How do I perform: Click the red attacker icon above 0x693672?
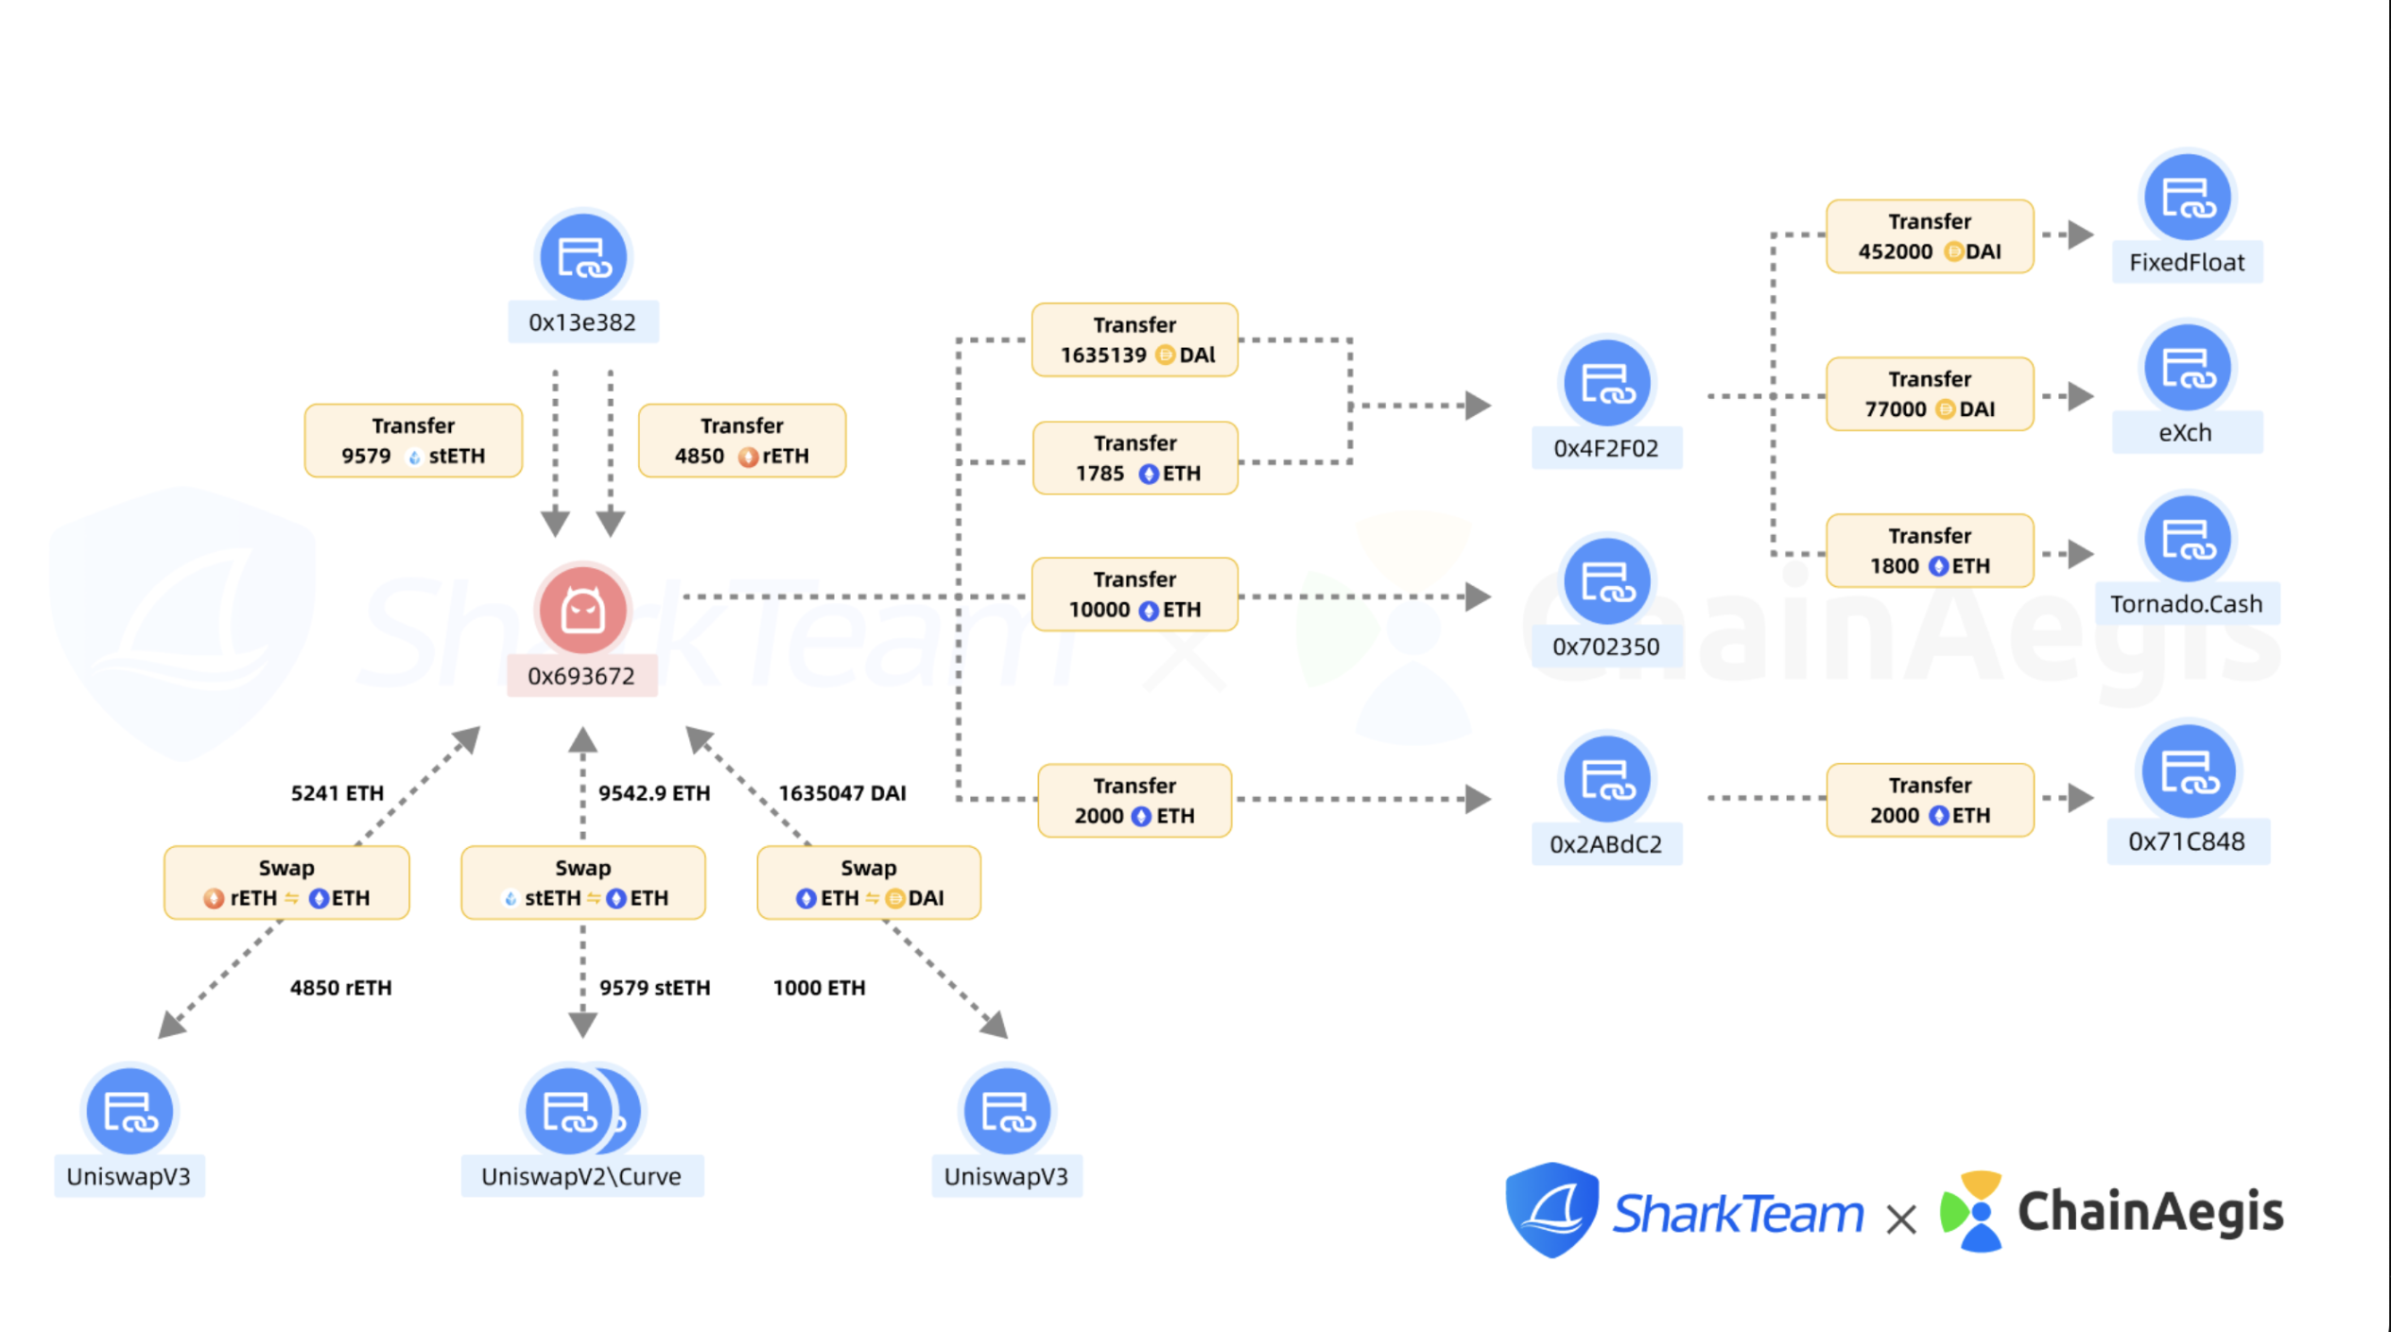point(582,610)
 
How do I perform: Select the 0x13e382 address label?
point(582,322)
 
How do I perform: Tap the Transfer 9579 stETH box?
point(413,441)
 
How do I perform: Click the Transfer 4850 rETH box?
point(742,441)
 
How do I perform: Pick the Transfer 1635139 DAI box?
point(1135,340)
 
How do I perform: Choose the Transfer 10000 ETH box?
point(1135,595)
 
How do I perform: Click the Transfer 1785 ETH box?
point(1135,458)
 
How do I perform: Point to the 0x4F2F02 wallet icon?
point(1606,383)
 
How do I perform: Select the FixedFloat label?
point(2187,262)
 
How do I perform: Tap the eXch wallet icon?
point(2187,368)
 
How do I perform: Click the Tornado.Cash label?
point(2187,604)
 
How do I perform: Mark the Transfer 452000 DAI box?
point(1930,236)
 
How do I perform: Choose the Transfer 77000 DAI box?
point(1930,394)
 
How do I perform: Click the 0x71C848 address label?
point(2187,841)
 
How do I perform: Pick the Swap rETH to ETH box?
point(286,883)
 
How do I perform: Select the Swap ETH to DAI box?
point(869,883)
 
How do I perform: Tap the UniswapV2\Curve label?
point(581,1176)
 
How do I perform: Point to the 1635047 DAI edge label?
point(841,793)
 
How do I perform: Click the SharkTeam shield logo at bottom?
point(1552,1210)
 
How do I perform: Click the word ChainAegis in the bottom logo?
point(2151,1212)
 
